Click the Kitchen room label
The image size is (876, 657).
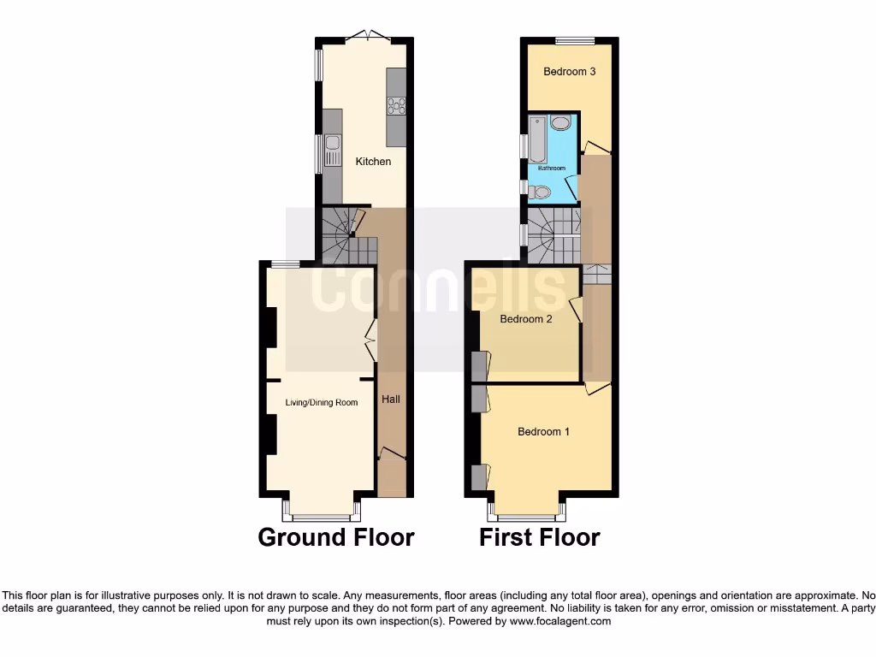[x=373, y=162]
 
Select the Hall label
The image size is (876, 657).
[x=391, y=400]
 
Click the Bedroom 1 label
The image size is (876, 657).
[x=543, y=432]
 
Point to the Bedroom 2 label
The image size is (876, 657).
[x=526, y=319]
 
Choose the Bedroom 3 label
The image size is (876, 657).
[x=570, y=72]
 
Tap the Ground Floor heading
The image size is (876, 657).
[x=336, y=537]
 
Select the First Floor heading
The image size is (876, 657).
[x=539, y=537]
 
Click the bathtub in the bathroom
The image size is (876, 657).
[x=537, y=140]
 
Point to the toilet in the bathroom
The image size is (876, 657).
[x=538, y=192]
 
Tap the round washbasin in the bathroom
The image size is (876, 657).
[x=560, y=123]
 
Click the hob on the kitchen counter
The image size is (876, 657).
[x=396, y=106]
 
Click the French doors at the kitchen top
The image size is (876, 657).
[x=369, y=37]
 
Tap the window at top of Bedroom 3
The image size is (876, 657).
[x=575, y=40]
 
